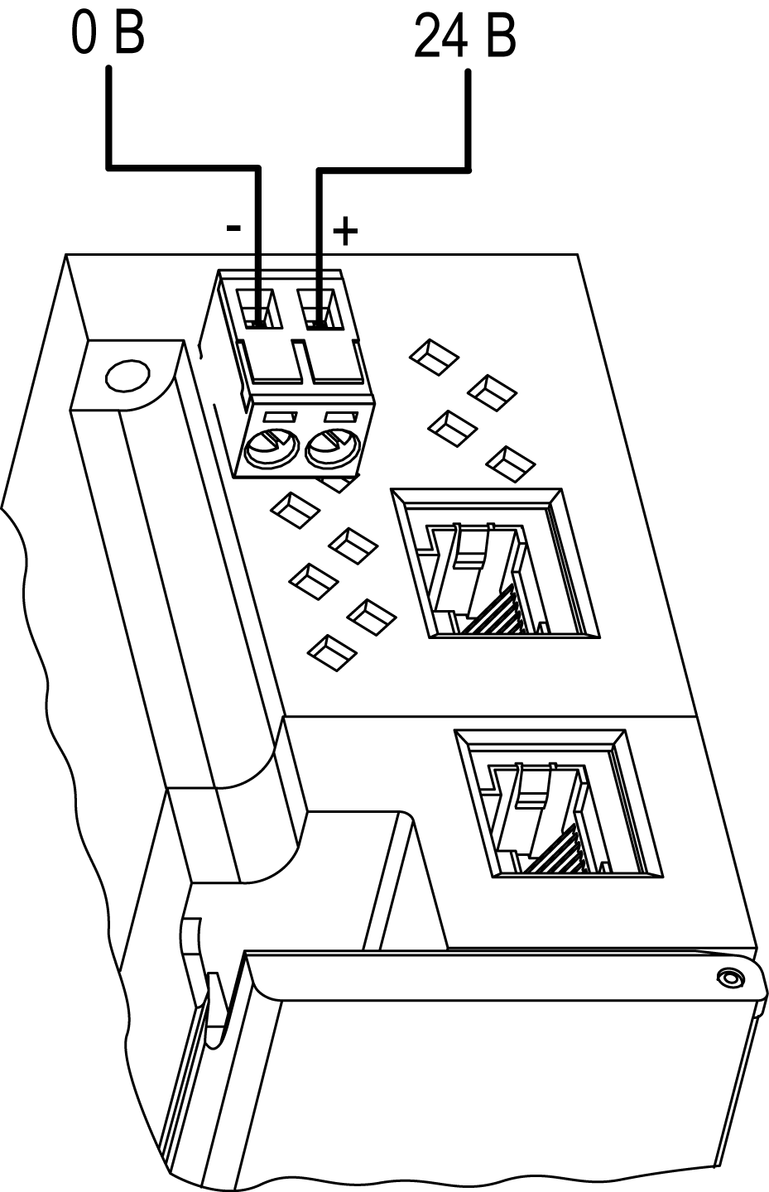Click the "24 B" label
[464, 35]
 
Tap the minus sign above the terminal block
[234, 228]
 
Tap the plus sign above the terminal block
[344, 232]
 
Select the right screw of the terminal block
[331, 449]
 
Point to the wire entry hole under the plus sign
[319, 310]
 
